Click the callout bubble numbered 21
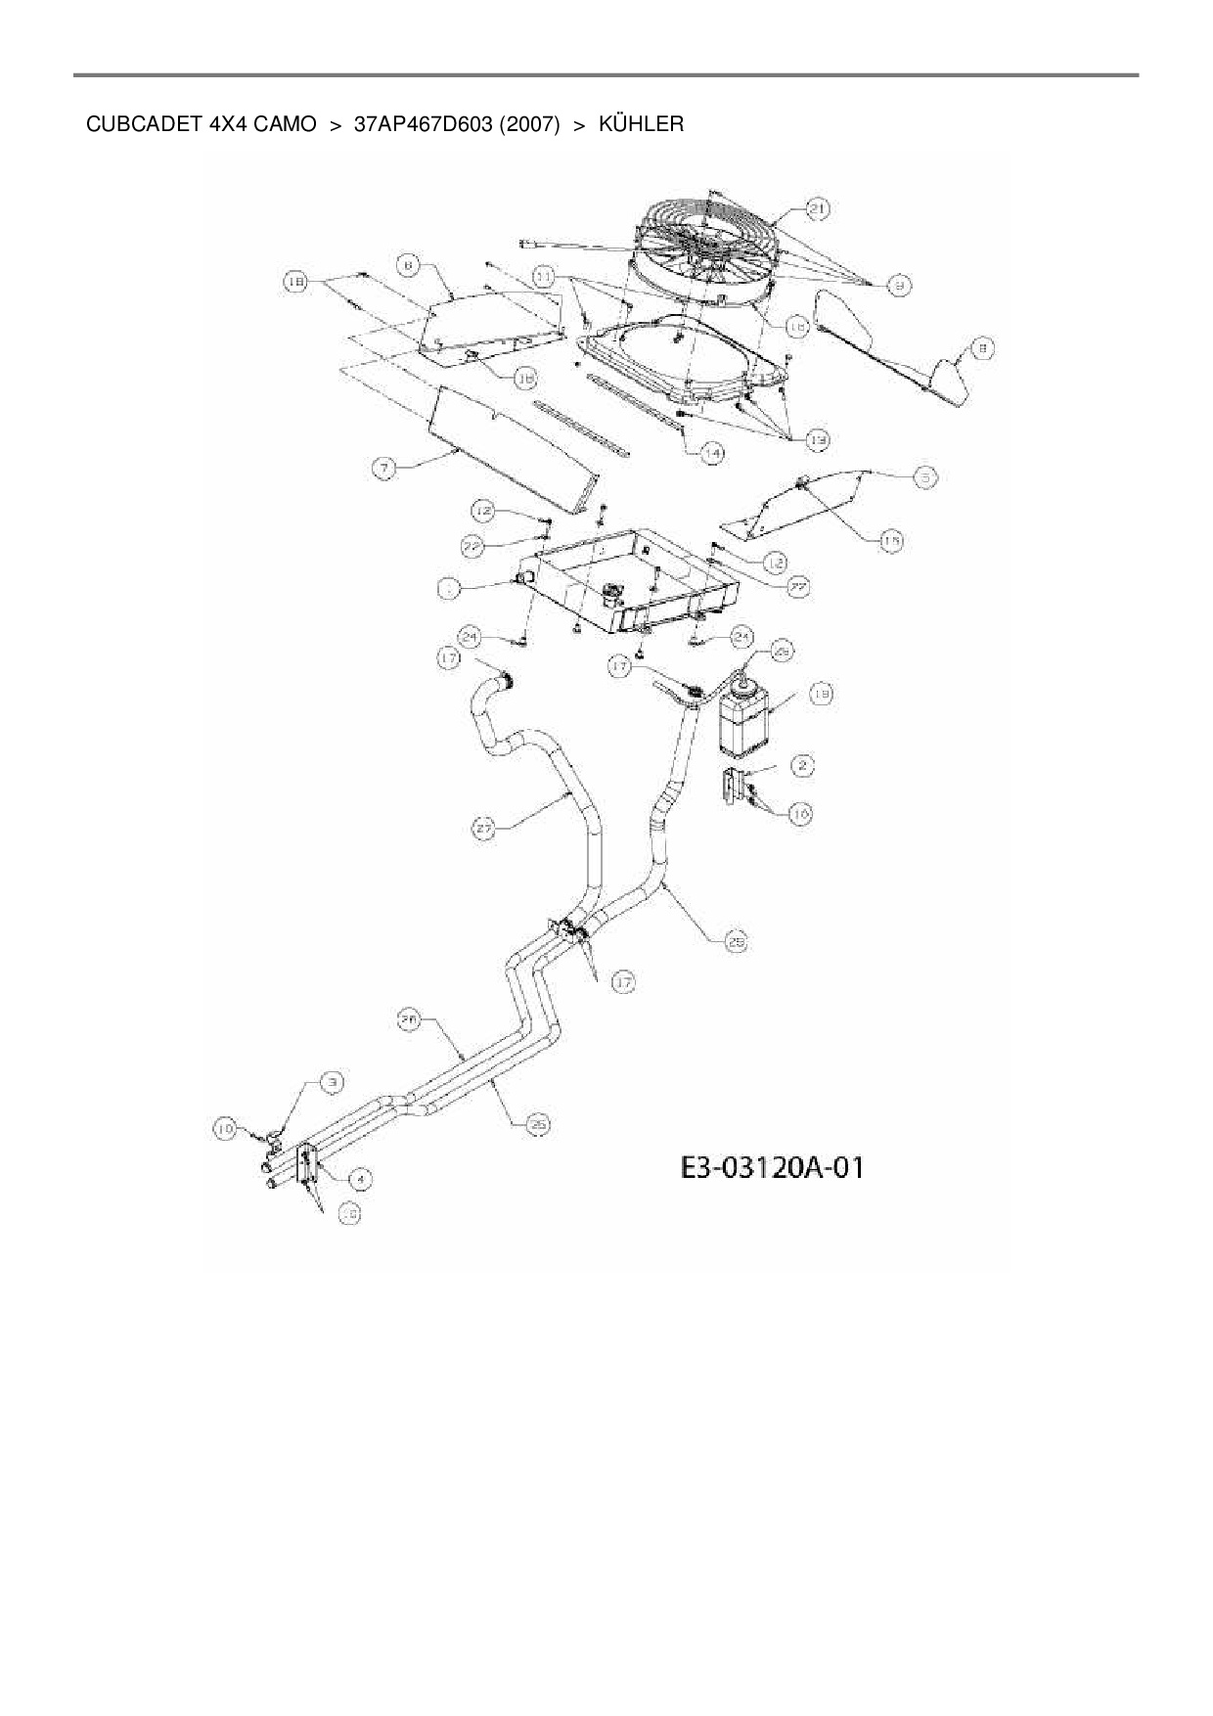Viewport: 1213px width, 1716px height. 818,208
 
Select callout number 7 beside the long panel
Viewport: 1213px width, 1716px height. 384,470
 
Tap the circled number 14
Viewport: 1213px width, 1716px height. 712,453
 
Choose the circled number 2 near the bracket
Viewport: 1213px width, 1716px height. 802,765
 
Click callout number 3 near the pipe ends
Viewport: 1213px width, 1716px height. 334,1082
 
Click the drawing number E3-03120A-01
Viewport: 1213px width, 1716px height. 772,1167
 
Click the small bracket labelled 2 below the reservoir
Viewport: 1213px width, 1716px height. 734,787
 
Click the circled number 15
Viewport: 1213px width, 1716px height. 890,540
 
